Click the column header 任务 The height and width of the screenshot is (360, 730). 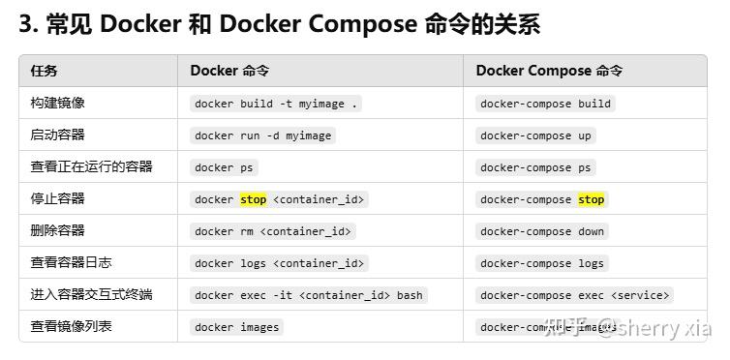[44, 71]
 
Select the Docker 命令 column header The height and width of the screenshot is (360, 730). [229, 71]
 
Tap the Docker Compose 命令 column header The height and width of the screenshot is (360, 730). [549, 71]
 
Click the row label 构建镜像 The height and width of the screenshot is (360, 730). [57, 103]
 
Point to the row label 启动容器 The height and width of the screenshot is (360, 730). [57, 135]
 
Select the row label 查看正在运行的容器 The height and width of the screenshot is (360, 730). [91, 166]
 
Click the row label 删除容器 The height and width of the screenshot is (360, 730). [57, 230]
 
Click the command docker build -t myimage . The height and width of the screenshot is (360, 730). [276, 104]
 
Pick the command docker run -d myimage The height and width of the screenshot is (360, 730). [262, 135]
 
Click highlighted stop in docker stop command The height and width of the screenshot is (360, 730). [253, 199]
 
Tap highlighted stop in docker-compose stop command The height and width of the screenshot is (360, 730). [591, 199]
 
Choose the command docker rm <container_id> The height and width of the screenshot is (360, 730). [273, 231]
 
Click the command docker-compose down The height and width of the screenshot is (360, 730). [541, 231]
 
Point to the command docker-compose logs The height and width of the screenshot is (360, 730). [541, 263]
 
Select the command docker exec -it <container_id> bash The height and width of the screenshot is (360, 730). [308, 295]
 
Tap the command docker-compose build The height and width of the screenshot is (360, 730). [545, 104]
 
